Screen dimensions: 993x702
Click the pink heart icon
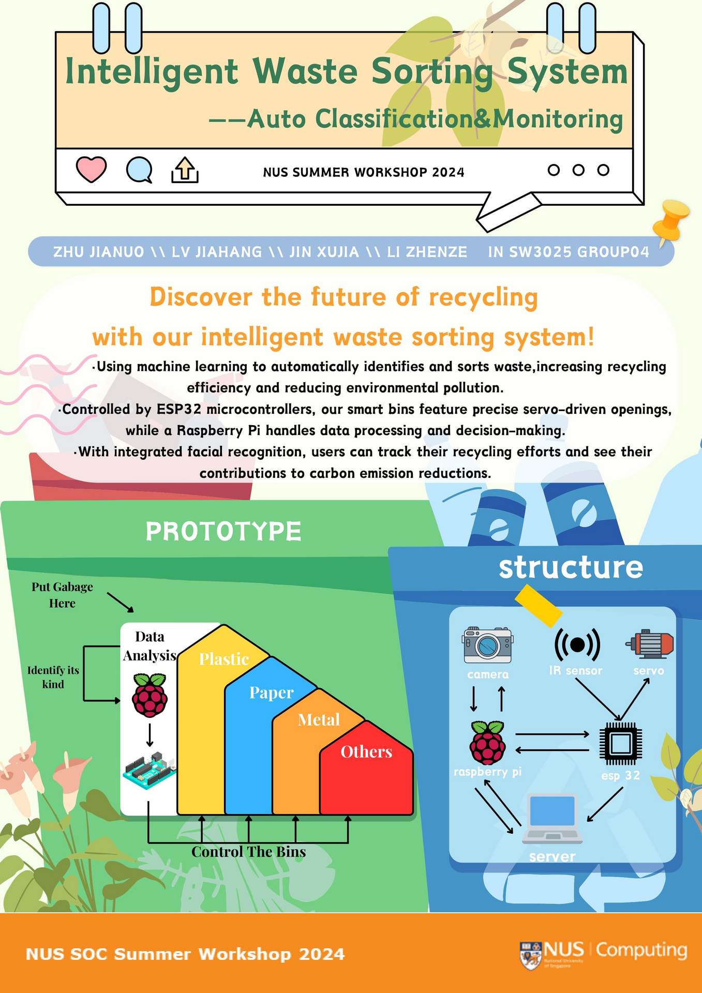point(91,169)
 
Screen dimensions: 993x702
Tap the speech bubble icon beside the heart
point(139,170)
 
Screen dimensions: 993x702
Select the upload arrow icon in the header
point(185,170)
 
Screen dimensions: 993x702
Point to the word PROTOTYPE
point(223,532)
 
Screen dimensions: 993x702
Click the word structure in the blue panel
point(571,567)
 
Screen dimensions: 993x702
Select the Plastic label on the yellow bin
point(224,659)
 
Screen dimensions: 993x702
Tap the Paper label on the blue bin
point(271,693)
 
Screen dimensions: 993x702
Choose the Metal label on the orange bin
point(319,720)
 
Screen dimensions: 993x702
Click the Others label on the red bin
point(366,751)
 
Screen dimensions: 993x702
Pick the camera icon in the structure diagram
point(487,645)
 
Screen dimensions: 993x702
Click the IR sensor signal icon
point(577,644)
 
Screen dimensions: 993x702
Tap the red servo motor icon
point(650,644)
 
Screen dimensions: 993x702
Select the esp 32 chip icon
point(620,744)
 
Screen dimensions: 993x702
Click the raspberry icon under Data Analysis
point(150,695)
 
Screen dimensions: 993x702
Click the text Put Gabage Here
point(62,595)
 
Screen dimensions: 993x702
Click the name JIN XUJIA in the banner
point(324,252)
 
